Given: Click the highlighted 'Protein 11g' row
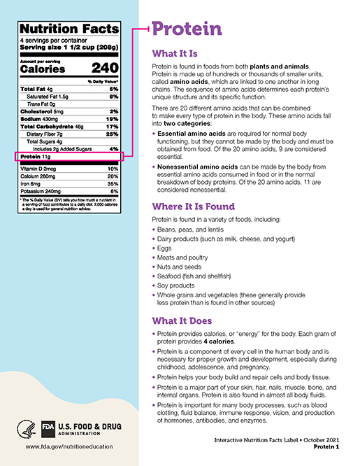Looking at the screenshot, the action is coord(42,158).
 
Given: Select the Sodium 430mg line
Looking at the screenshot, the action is coord(41,119).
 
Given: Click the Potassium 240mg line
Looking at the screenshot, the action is coord(45,190).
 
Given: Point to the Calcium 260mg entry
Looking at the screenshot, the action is coord(42,176).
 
